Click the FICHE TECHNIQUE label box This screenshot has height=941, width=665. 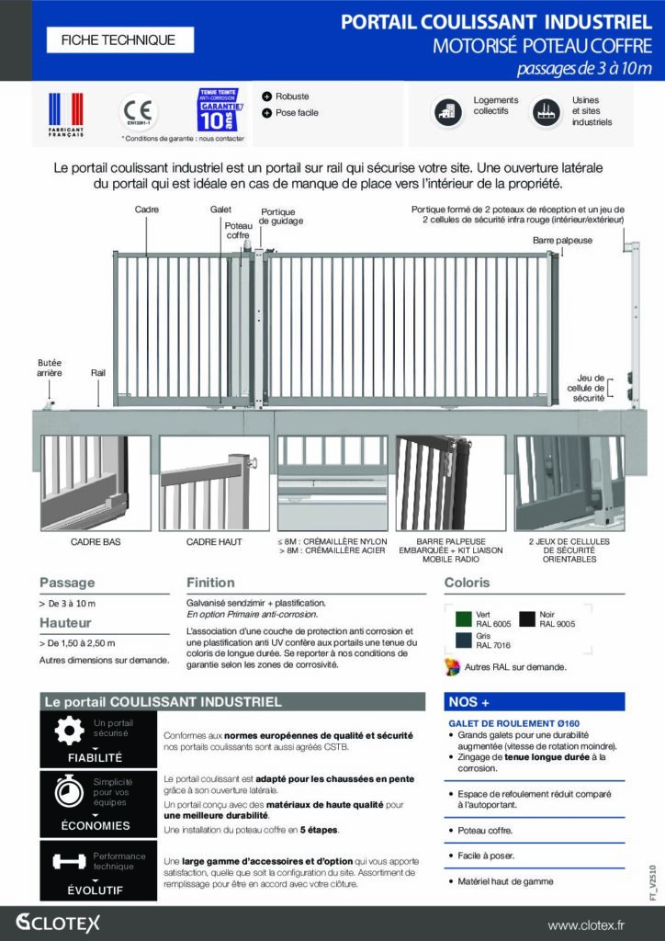117,40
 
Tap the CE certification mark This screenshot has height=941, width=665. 140,111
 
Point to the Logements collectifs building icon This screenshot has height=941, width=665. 449,112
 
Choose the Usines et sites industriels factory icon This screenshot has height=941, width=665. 547,112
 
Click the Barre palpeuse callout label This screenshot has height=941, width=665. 563,240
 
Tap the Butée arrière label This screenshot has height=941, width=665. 49,368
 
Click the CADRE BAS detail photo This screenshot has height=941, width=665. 96,482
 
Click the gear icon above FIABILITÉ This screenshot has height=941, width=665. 68,730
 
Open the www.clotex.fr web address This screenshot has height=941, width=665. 599,924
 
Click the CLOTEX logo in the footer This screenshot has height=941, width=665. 58,923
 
